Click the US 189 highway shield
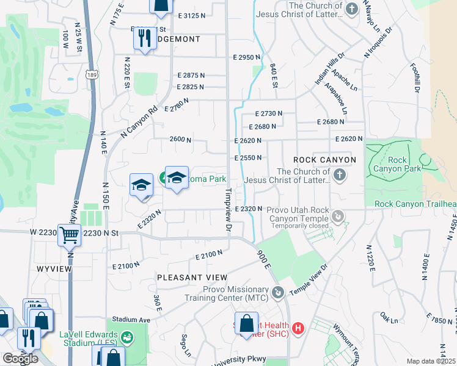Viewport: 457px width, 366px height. coord(90,74)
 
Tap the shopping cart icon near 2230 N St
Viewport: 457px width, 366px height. coord(69,234)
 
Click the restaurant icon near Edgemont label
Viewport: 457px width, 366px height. coord(145,39)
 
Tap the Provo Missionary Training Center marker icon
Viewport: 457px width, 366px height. coord(279,293)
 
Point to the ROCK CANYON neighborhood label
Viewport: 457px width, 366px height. coord(324,160)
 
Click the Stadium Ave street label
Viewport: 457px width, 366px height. coord(131,320)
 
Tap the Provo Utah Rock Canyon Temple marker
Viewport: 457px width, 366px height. coord(338,216)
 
